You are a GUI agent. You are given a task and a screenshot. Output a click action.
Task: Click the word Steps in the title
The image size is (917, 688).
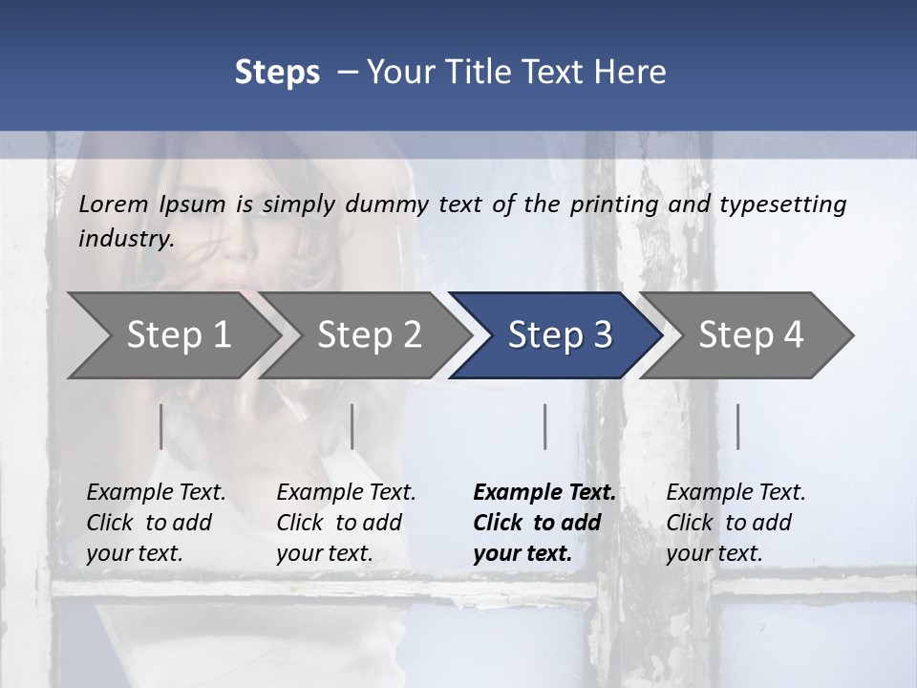[277, 73]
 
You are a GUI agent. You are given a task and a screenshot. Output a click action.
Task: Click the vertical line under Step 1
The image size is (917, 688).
[161, 426]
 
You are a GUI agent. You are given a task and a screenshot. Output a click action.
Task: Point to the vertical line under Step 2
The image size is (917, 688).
[352, 426]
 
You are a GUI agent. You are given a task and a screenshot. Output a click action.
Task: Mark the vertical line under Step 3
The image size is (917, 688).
[544, 426]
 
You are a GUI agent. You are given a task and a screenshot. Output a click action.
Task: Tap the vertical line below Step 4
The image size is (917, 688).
[737, 426]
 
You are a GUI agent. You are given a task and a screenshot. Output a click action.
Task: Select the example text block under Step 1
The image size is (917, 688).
[156, 522]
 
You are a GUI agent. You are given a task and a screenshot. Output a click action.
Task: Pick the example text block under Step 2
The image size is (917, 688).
[346, 522]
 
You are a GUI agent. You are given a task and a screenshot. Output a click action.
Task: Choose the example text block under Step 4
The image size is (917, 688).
[736, 522]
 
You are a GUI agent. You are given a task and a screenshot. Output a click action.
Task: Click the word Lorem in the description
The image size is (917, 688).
[114, 204]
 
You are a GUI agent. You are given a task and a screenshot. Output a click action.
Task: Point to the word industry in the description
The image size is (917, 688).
[125, 239]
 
